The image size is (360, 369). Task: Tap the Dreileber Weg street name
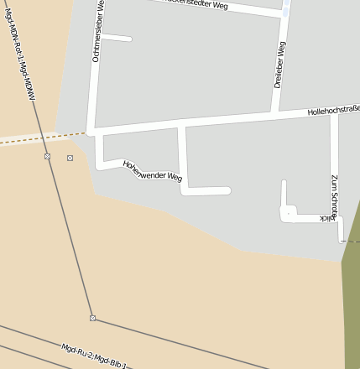point(280,65)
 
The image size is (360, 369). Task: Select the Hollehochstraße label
point(333,109)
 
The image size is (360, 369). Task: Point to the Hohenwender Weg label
point(152,171)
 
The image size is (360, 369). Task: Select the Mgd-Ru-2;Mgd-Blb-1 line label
point(93,356)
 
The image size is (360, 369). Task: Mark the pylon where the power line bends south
point(92,318)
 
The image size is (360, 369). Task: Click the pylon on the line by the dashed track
point(47,156)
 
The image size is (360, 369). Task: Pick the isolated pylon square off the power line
point(70,158)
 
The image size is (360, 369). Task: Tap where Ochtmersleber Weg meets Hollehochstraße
point(91,132)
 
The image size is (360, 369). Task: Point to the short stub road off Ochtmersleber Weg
point(117,38)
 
